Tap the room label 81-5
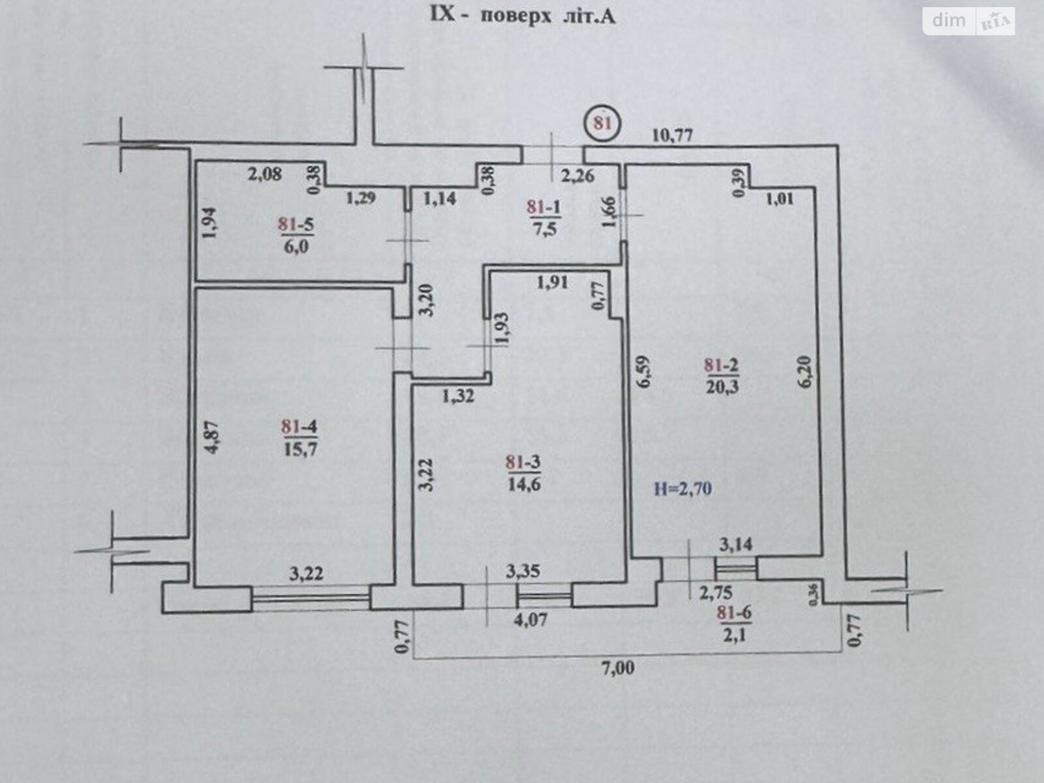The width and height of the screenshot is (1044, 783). [296, 224]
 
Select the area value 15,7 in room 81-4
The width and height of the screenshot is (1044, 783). [300, 448]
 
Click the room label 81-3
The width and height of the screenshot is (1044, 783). [523, 463]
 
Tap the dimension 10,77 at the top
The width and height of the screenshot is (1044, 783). [673, 135]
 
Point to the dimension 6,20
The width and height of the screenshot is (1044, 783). [806, 372]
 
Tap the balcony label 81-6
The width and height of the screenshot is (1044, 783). [734, 612]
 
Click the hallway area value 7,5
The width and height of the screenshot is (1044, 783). [544, 229]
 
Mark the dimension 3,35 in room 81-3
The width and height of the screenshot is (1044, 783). [524, 573]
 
